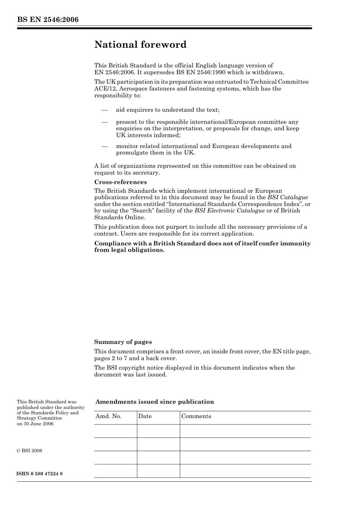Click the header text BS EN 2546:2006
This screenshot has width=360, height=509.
pos(48,20)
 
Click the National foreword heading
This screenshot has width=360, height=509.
pos(140,45)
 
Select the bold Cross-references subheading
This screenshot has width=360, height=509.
pos(121,182)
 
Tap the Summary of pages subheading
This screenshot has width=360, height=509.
pos(123,342)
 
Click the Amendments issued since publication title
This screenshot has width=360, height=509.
pos(155,402)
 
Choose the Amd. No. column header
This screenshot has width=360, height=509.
pos(108,416)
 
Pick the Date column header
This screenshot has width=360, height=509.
pos(145,416)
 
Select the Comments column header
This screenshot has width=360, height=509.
pos(196,416)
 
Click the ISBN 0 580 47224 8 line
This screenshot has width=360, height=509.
pos(40,474)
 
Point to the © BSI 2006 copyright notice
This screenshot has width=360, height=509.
pos(30,451)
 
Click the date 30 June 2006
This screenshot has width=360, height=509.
pos(38,424)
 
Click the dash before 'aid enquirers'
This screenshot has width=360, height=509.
pos(105,110)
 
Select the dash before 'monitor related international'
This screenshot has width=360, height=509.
pos(105,146)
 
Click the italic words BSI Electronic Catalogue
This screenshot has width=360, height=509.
pos(229,211)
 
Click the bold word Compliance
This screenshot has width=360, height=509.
pos(112,244)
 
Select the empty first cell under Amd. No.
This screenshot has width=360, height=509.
pos(115,431)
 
